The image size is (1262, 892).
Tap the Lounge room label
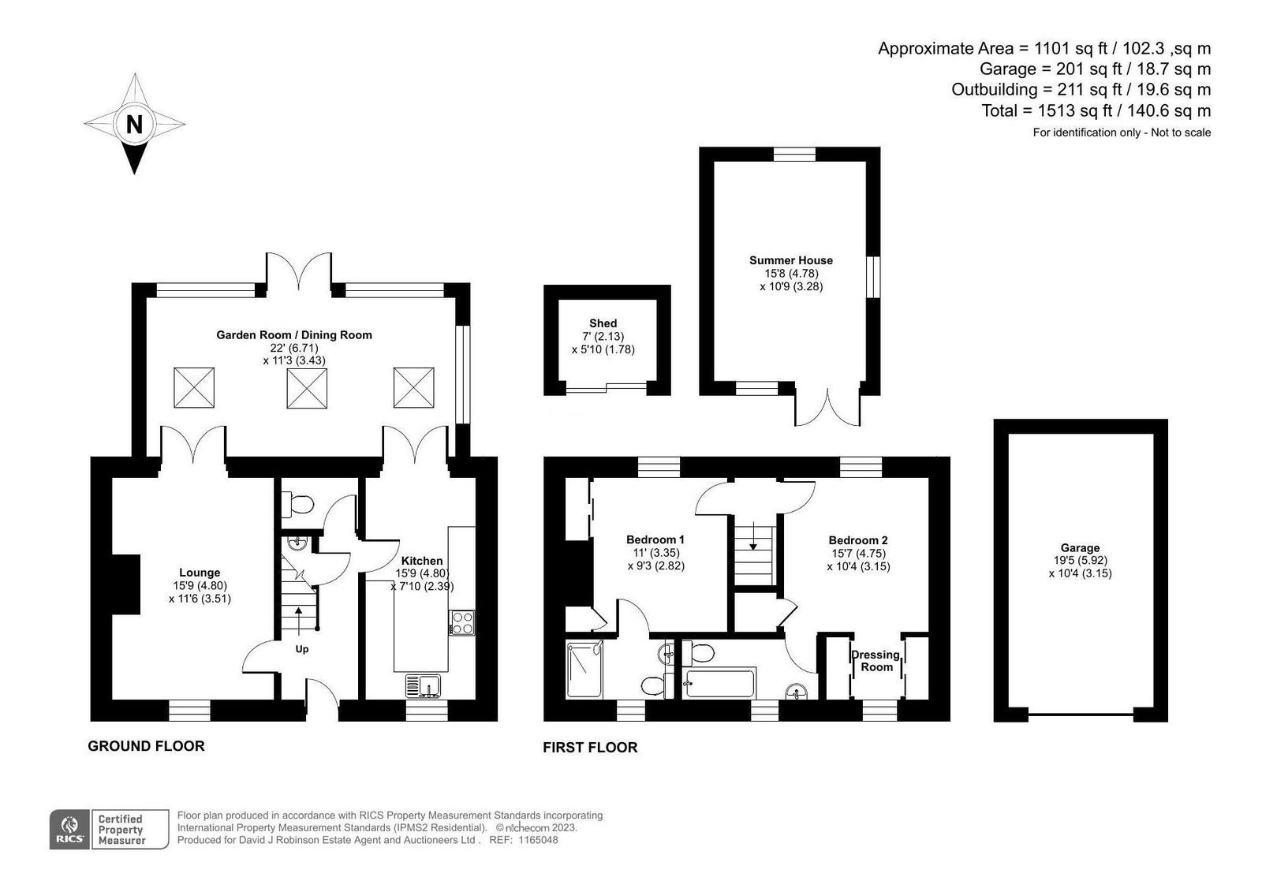(200, 573)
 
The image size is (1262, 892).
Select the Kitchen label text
(421, 561)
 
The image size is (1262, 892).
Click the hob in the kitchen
(462, 622)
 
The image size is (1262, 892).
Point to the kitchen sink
(423, 686)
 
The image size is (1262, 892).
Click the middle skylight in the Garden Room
(307, 388)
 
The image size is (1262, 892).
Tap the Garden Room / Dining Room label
(294, 334)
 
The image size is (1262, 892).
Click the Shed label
(603, 323)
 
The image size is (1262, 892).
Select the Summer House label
(791, 260)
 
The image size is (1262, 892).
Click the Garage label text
(1080, 547)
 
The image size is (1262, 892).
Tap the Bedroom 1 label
(655, 539)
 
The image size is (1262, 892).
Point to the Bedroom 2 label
(858, 540)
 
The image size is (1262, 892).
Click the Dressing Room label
(876, 661)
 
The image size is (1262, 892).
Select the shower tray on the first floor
(584, 670)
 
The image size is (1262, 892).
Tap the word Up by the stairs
(302, 649)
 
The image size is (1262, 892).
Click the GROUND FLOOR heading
(146, 746)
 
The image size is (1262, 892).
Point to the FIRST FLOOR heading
(590, 747)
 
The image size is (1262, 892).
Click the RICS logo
(69, 830)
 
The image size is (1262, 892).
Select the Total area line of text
(1096, 110)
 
